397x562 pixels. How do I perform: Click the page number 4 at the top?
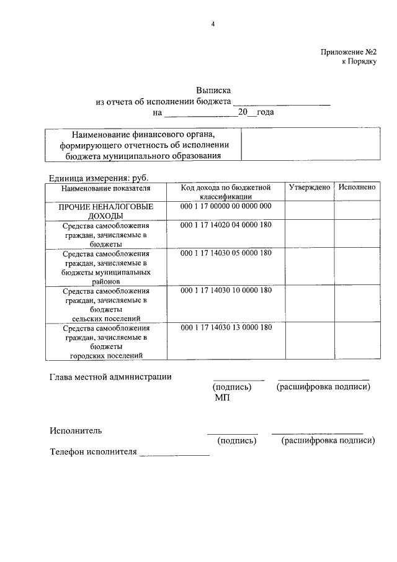[x=213, y=24]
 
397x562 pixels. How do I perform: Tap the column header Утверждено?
[x=309, y=187]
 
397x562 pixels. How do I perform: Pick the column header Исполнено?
[x=357, y=187]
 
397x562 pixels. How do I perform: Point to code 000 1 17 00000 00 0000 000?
[x=226, y=206]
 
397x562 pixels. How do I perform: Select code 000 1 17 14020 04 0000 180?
[x=226, y=225]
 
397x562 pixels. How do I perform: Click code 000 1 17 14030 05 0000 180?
[x=226, y=253]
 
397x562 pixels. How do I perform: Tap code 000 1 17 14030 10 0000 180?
[x=226, y=290]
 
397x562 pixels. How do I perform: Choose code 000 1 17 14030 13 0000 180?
[x=226, y=327]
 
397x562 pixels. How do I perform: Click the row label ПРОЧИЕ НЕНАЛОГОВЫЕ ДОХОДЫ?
[x=105, y=211]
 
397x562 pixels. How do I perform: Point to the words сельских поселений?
[x=105, y=318]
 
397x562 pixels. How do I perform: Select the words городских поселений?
[x=106, y=355]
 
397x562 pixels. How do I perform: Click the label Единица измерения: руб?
[x=98, y=178]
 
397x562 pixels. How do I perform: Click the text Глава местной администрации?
[x=110, y=376]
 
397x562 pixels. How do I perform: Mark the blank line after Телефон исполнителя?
[x=174, y=455]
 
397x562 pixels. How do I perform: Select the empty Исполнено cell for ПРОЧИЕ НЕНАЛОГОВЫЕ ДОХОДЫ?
[x=357, y=211]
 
